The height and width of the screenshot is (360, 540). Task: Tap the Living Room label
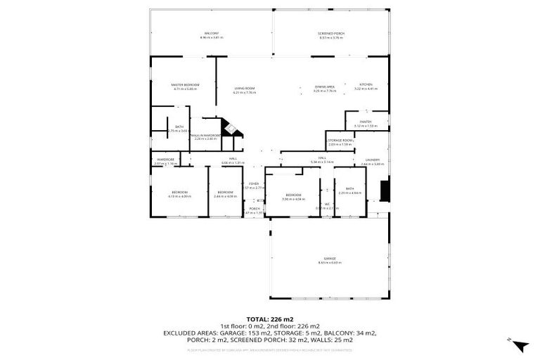(x=244, y=88)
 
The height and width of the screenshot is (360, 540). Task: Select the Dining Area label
(x=324, y=86)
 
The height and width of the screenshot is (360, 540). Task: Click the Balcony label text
(x=211, y=33)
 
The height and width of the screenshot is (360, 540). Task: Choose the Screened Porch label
(x=330, y=33)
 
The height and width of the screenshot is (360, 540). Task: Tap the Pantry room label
(x=365, y=122)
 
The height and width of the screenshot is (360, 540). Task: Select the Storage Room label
(x=340, y=140)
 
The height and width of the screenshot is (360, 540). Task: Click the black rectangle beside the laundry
(x=383, y=191)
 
